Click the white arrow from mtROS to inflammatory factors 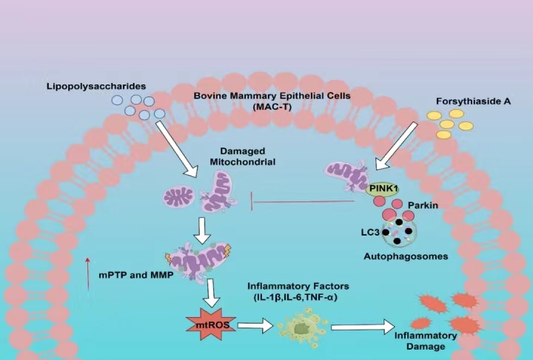(x=255, y=324)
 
